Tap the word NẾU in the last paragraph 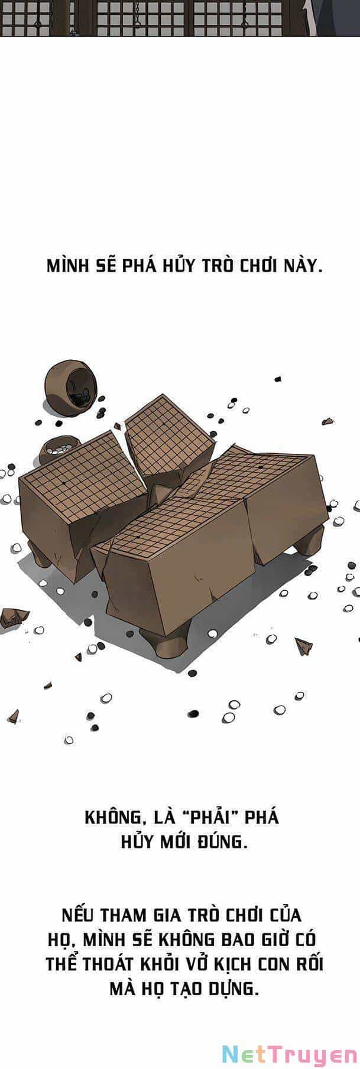pos(79,915)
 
